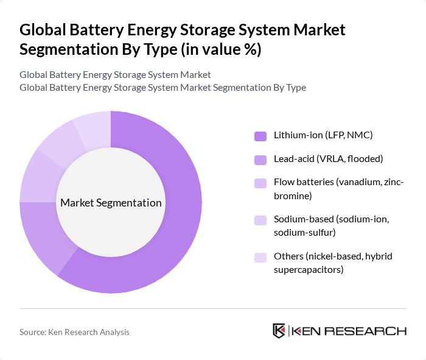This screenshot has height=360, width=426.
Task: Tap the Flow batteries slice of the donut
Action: click(x=37, y=177)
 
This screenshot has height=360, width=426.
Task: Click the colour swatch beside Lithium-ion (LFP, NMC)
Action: click(x=260, y=135)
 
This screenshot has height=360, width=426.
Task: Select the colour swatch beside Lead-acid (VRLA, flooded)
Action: click(x=260, y=160)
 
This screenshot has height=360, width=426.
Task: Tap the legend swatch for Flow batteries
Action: click(x=260, y=183)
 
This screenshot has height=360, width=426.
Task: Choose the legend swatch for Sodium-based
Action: click(x=260, y=220)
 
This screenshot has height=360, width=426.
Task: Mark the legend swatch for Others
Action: click(x=260, y=257)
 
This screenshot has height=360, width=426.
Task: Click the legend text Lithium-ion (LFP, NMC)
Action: click(x=323, y=135)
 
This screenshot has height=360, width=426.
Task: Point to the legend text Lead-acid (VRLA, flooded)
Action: click(x=328, y=160)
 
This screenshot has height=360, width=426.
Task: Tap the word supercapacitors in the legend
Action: click(x=309, y=269)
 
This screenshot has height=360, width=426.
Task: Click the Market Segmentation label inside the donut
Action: click(x=111, y=203)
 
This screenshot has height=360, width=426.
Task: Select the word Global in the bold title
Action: click(x=40, y=30)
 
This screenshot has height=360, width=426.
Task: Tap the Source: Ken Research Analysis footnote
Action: click(x=74, y=332)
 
